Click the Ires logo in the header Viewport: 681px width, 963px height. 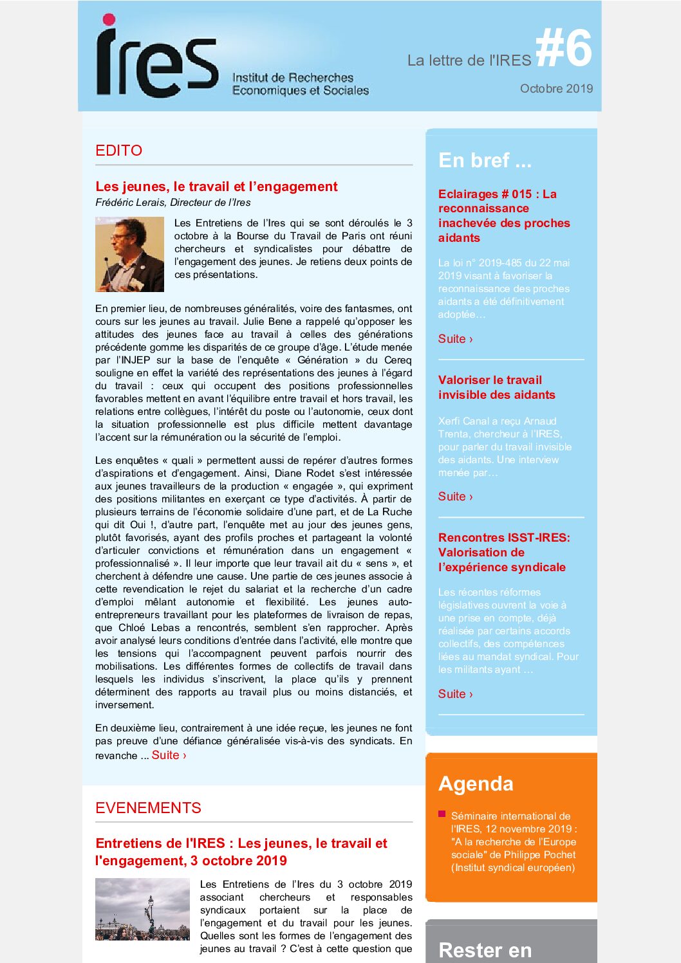[x=158, y=58]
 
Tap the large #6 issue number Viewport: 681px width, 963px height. [x=563, y=49]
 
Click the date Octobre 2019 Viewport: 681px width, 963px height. [x=556, y=89]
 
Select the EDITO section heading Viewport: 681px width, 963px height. [x=119, y=151]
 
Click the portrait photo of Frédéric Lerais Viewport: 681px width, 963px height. [x=129, y=254]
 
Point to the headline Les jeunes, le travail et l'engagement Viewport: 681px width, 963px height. [x=216, y=187]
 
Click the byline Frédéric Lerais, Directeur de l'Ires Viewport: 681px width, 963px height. [x=173, y=203]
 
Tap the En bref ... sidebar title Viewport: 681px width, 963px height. [x=485, y=160]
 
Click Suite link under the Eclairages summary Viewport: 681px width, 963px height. [x=455, y=339]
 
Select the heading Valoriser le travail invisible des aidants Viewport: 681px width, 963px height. [x=496, y=387]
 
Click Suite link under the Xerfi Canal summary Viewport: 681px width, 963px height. [x=455, y=497]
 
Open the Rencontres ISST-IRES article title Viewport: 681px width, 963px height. [x=503, y=552]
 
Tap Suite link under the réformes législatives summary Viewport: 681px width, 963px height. [x=455, y=694]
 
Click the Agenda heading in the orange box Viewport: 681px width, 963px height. [x=476, y=784]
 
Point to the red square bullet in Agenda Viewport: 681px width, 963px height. [x=442, y=814]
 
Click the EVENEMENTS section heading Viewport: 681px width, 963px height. [x=148, y=808]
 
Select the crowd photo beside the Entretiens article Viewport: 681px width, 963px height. [x=142, y=909]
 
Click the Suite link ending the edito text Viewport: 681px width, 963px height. [x=169, y=755]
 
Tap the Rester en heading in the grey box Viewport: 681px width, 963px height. [x=485, y=950]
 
